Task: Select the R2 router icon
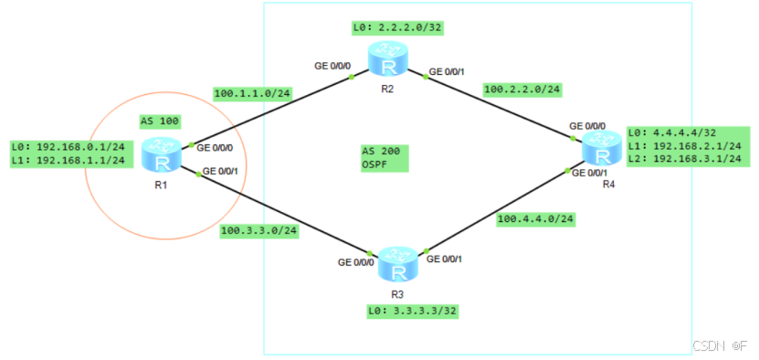pyautogui.click(x=391, y=59)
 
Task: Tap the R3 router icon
pyautogui.click(x=396, y=262)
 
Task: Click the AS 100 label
pyautogui.click(x=160, y=121)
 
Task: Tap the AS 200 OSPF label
pyautogui.click(x=383, y=157)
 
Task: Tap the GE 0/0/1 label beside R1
pyautogui.click(x=221, y=171)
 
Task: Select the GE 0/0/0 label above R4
pyautogui.click(x=588, y=126)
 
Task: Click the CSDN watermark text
pyautogui.click(x=708, y=346)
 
